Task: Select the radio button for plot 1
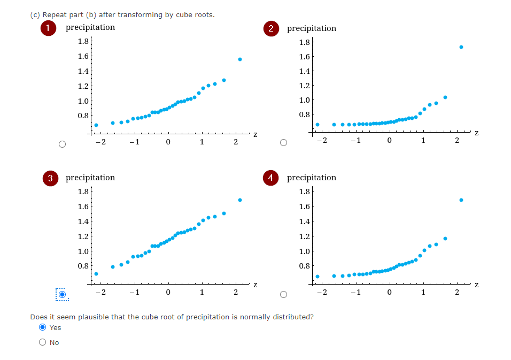[x=63, y=144]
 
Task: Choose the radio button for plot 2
[x=284, y=143]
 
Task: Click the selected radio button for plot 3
[x=63, y=294]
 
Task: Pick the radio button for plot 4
[x=284, y=294]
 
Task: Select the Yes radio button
[x=42, y=327]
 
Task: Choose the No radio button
[x=42, y=342]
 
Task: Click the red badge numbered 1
[x=49, y=28]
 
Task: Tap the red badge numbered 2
[x=271, y=29]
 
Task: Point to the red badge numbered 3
[x=49, y=178]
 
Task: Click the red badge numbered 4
[x=271, y=178]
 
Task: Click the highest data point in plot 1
[x=240, y=59]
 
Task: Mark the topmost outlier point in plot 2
[x=461, y=47]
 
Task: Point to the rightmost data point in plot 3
[x=240, y=200]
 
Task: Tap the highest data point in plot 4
[x=461, y=200]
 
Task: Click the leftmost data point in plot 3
[x=96, y=274]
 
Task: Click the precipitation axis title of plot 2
[x=312, y=28]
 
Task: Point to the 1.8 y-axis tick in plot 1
[x=83, y=41]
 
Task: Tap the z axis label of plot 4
[x=477, y=284]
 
